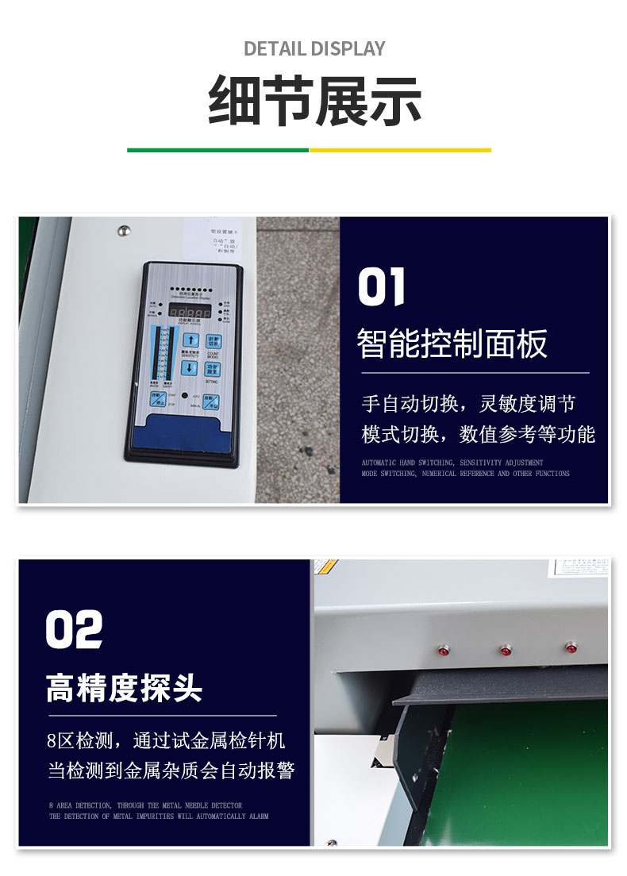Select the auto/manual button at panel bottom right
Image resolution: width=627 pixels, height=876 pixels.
pyautogui.click(x=210, y=401)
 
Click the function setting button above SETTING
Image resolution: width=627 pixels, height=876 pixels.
pyautogui.click(x=213, y=369)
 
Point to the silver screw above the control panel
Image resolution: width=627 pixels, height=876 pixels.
pyautogui.click(x=123, y=231)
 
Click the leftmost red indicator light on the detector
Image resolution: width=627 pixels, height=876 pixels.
pyautogui.click(x=442, y=651)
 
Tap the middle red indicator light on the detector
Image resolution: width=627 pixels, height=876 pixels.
pyautogui.click(x=506, y=651)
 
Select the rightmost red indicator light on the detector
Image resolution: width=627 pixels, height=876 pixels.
pyautogui.click(x=570, y=648)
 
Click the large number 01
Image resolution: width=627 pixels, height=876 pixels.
pyautogui.click(x=382, y=287)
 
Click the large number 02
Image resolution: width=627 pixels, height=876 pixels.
pyautogui.click(x=74, y=630)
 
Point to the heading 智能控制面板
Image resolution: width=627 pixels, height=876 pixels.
pyautogui.click(x=452, y=344)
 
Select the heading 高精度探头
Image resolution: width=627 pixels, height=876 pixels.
pyautogui.click(x=124, y=688)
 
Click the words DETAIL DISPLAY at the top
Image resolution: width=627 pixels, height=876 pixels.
pyautogui.click(x=314, y=48)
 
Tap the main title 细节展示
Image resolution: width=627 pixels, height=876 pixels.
pyautogui.click(x=314, y=102)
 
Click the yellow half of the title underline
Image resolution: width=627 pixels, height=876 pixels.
pyautogui.click(x=400, y=149)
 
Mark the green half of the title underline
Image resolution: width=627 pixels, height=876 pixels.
pyautogui.click(x=217, y=149)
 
